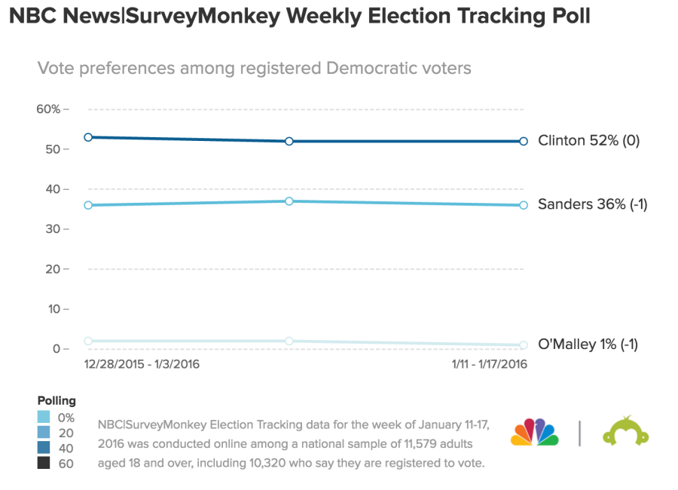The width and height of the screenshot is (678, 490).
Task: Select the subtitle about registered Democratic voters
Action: click(x=254, y=69)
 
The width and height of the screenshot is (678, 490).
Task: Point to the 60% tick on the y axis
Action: click(x=52, y=109)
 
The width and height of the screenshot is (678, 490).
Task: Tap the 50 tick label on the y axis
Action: click(x=52, y=149)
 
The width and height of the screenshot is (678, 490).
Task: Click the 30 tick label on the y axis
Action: click(x=52, y=229)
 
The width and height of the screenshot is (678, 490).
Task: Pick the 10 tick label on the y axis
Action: click(x=52, y=309)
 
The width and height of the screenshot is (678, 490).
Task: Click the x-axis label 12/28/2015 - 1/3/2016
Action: click(x=142, y=364)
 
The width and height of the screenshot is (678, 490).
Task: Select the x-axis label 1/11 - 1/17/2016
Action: click(x=489, y=364)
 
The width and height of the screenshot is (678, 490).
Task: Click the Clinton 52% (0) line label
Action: click(x=588, y=140)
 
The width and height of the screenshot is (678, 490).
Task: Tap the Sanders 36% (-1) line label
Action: click(x=592, y=204)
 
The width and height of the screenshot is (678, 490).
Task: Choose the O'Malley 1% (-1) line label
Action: click(x=588, y=345)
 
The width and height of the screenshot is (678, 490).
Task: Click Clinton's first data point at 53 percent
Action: click(x=88, y=137)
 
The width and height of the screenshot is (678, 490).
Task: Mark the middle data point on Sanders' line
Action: click(x=289, y=201)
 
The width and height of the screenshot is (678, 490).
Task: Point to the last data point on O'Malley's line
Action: click(x=524, y=345)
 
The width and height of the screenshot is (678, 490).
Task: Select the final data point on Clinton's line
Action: click(x=524, y=141)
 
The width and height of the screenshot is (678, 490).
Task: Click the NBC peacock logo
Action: click(x=535, y=433)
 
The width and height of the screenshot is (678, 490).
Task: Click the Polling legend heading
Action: click(x=56, y=401)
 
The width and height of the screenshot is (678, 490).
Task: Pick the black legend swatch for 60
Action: click(x=44, y=464)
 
